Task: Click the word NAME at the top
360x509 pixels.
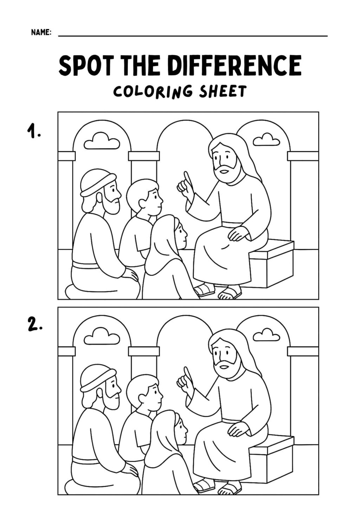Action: click(x=41, y=33)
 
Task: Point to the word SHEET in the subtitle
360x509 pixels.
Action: click(x=222, y=91)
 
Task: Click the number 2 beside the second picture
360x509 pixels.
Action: click(x=34, y=327)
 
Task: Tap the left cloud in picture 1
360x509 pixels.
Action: click(x=102, y=141)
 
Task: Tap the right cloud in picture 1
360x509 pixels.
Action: click(x=266, y=140)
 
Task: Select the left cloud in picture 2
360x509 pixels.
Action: click(x=102, y=336)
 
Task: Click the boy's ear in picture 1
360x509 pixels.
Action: click(x=143, y=203)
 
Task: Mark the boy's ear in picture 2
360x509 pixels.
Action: click(x=143, y=398)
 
